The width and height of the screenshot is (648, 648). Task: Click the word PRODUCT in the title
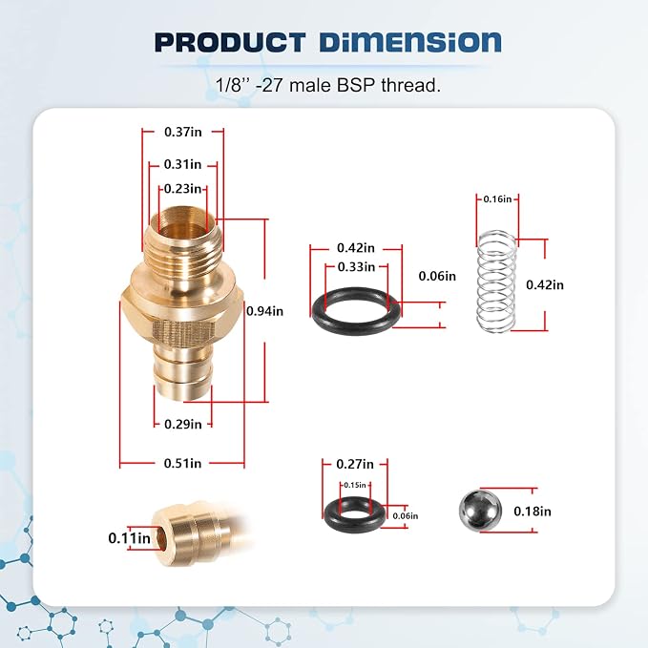230,43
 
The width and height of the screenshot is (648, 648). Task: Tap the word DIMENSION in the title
410,43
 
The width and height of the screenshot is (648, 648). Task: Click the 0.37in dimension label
183,132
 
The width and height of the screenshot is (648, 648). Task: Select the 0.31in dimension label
182,164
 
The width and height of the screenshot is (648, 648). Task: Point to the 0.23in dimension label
182,189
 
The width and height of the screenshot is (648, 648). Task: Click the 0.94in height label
265,311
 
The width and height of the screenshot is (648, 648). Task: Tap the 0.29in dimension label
183,424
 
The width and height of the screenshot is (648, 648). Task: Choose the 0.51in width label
182,463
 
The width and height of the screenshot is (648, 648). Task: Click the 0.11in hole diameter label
130,538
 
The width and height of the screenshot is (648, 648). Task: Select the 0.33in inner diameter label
356,267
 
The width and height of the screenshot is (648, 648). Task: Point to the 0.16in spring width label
497,199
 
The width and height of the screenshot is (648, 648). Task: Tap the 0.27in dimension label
355,464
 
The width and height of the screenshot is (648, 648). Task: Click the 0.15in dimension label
355,485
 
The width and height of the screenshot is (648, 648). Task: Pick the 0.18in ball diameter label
533,512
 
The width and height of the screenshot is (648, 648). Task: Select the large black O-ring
356,309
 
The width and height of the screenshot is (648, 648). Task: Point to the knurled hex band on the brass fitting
183,330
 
